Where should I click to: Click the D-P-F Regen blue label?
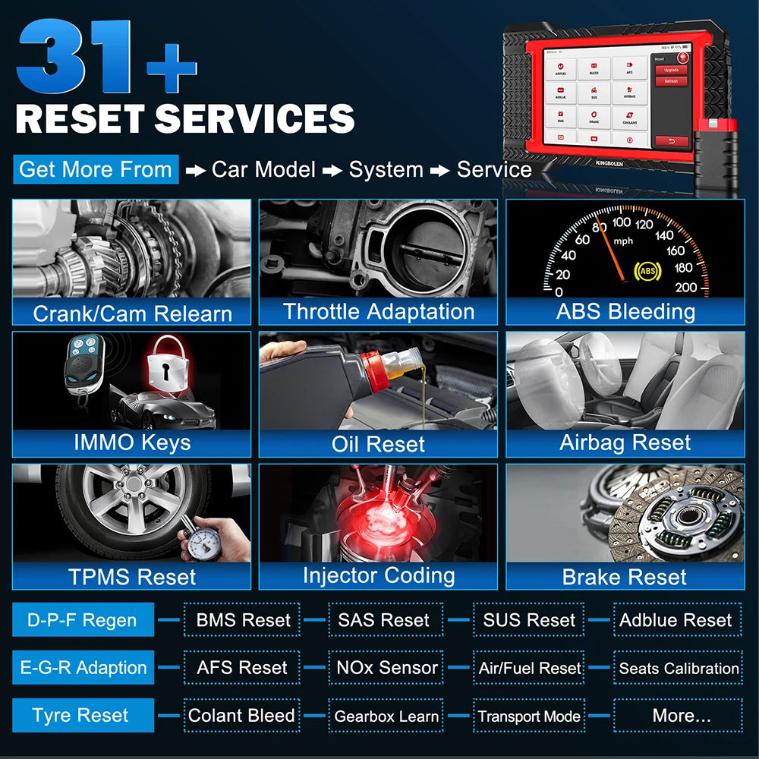(82, 620)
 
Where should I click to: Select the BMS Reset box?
(243, 620)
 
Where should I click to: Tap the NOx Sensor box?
(387, 668)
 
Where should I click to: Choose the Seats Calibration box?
(679, 668)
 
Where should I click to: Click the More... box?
(679, 715)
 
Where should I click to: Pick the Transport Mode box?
(529, 716)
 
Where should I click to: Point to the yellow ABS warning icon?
(647, 269)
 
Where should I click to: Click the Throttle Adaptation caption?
(378, 311)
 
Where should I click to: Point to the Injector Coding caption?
(378, 575)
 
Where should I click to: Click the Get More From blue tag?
(96, 168)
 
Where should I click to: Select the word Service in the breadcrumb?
(493, 169)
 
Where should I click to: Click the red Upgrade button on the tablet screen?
(671, 70)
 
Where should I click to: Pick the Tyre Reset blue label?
(82, 715)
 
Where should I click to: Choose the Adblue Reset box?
(676, 620)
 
